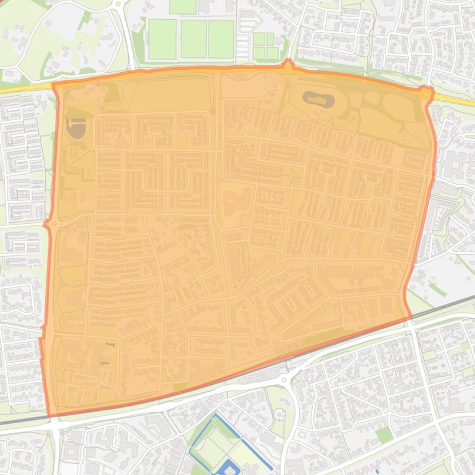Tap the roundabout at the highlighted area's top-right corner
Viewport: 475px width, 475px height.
pos(425,93)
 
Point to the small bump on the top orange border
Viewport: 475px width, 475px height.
pos(287,63)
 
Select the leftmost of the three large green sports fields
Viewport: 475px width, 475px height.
pos(162,39)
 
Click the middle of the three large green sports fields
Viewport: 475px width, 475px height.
pos(193,39)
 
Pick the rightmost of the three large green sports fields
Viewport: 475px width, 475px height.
pos(221,39)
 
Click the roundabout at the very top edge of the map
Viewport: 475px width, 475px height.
pos(117,3)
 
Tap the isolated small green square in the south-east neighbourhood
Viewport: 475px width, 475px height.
pos(384,435)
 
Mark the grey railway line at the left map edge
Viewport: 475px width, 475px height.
pos(12,421)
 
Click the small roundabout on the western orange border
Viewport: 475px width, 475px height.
pos(47,223)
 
